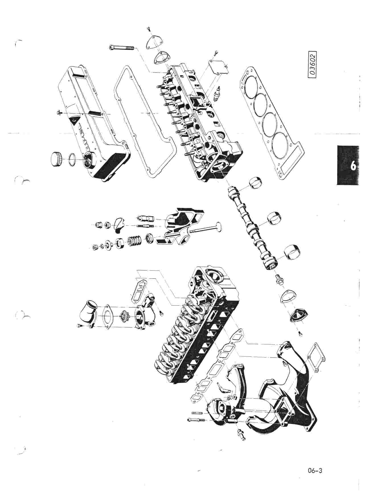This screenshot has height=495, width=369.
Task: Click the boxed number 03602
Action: click(x=313, y=64)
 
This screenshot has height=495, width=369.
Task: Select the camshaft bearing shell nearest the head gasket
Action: click(x=255, y=183)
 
